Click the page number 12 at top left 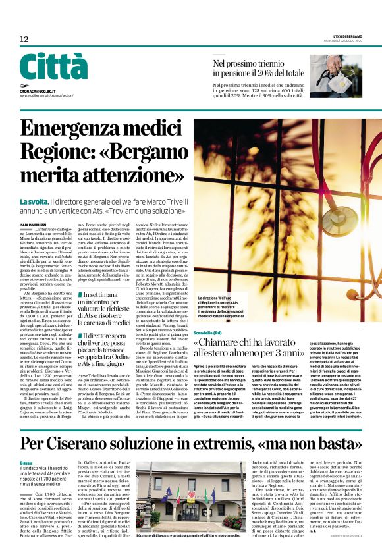click(24, 40)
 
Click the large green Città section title click(53, 67)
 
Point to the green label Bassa click(26, 463)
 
